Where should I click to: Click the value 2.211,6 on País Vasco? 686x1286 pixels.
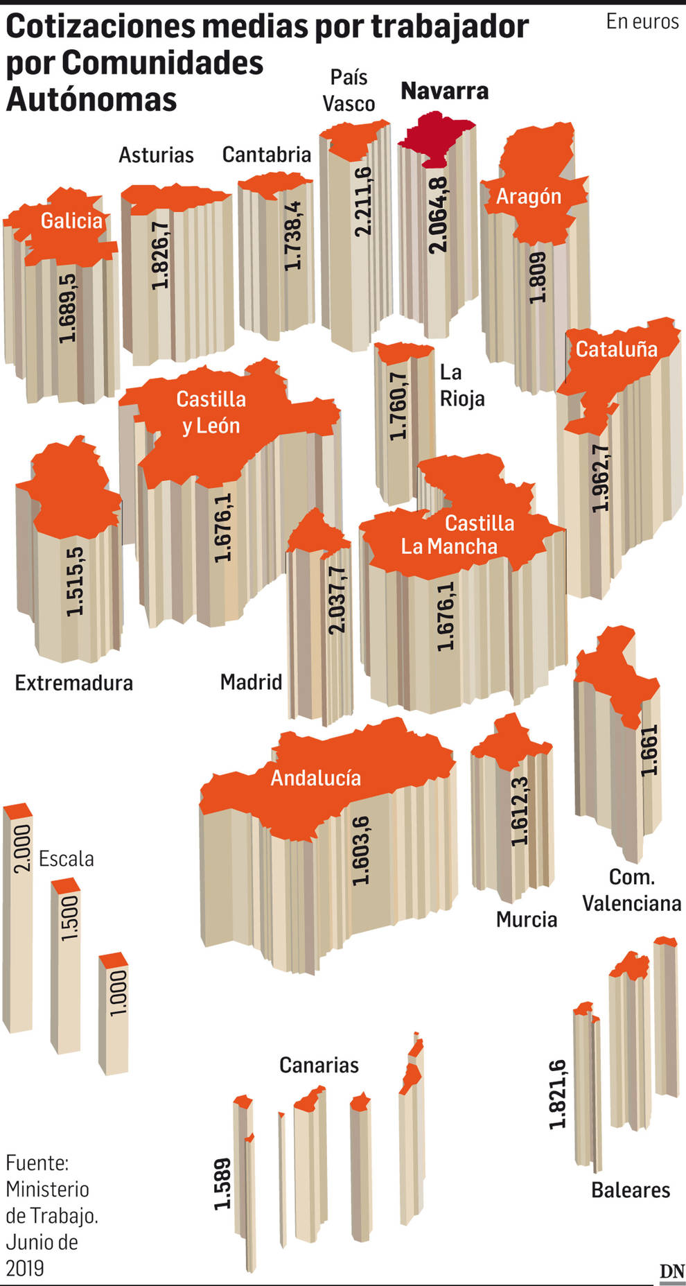tap(362, 201)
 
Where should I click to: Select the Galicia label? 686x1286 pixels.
tap(71, 221)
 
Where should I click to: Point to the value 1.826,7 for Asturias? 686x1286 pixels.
tap(160, 255)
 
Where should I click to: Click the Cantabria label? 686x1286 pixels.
tap(267, 155)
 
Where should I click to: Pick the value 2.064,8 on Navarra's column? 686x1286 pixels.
tap(438, 214)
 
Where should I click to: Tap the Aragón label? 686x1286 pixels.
tap(529, 197)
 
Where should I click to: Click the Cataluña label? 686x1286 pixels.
tap(616, 349)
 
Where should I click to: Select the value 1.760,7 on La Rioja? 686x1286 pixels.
tap(398, 406)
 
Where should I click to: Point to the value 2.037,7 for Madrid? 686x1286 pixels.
tap(337, 599)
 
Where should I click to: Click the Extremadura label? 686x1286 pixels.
tap(74, 683)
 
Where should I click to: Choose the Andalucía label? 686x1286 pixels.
tap(315, 778)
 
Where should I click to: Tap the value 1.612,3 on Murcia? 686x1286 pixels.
tap(520, 810)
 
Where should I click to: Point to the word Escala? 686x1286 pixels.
tap(66, 859)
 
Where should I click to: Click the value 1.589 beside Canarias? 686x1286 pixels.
tap(222, 1183)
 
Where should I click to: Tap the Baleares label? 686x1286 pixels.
tap(631, 1190)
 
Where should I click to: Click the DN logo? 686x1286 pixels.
tap(671, 1271)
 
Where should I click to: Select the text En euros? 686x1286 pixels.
tap(642, 22)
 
